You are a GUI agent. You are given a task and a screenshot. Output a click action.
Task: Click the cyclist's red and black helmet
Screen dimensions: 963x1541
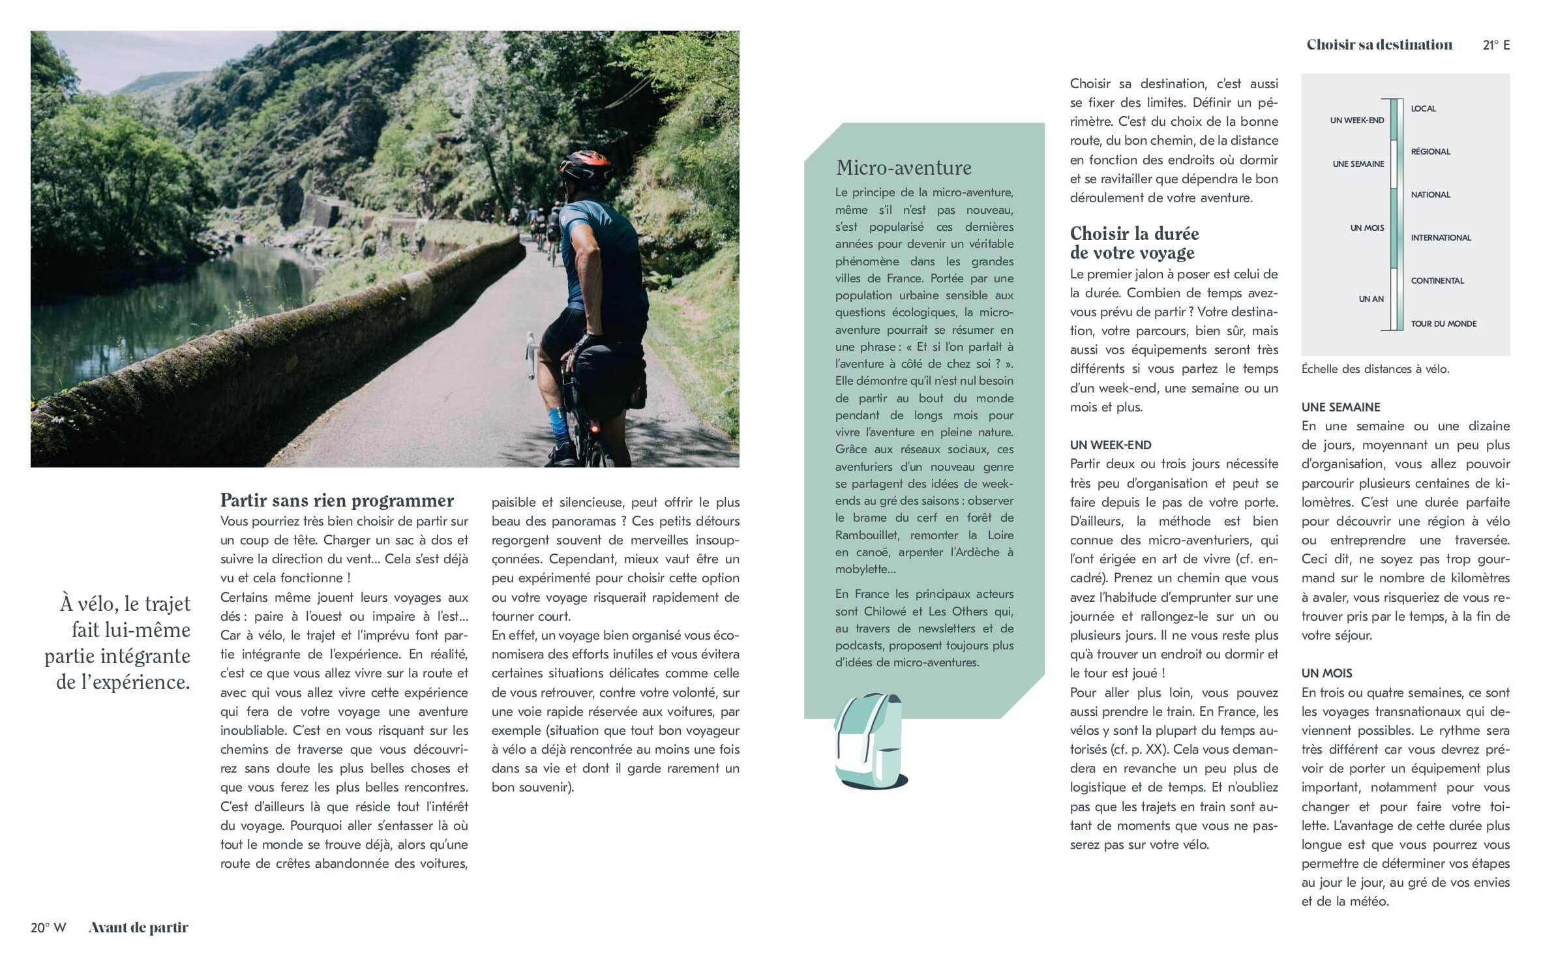(586, 166)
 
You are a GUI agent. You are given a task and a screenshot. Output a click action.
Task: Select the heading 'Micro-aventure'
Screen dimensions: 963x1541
(903, 168)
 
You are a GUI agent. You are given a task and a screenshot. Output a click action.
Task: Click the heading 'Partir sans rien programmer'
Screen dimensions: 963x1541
(337, 500)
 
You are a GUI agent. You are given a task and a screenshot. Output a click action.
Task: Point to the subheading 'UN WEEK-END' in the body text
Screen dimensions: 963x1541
(1111, 445)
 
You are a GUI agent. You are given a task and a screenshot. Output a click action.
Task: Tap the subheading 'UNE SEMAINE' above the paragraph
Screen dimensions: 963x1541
(1341, 407)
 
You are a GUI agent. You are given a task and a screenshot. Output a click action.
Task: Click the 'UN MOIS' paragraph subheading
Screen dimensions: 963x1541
(1327, 673)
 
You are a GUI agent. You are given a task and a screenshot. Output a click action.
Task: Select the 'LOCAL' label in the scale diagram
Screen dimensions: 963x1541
(1423, 109)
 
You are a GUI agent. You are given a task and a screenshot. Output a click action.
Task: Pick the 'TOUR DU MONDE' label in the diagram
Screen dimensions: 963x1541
(1443, 324)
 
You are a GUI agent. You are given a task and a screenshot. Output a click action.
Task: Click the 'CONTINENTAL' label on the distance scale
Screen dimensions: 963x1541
(1437, 281)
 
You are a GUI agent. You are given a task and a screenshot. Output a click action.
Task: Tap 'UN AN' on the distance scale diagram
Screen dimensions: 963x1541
(1371, 299)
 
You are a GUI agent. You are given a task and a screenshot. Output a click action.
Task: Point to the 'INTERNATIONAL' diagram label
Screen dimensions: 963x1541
(1441, 238)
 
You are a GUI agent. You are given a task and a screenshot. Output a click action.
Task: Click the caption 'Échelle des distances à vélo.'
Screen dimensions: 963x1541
(1375, 369)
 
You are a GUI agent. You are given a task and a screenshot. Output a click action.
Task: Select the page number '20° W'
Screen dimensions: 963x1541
(48, 928)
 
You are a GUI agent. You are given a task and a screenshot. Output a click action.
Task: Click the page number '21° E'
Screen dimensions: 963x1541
(1496, 45)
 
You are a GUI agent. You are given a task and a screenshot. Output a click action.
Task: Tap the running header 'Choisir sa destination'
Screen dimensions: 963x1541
(1379, 45)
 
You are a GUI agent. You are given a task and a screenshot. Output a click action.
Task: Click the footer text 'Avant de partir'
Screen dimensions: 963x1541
(138, 928)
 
